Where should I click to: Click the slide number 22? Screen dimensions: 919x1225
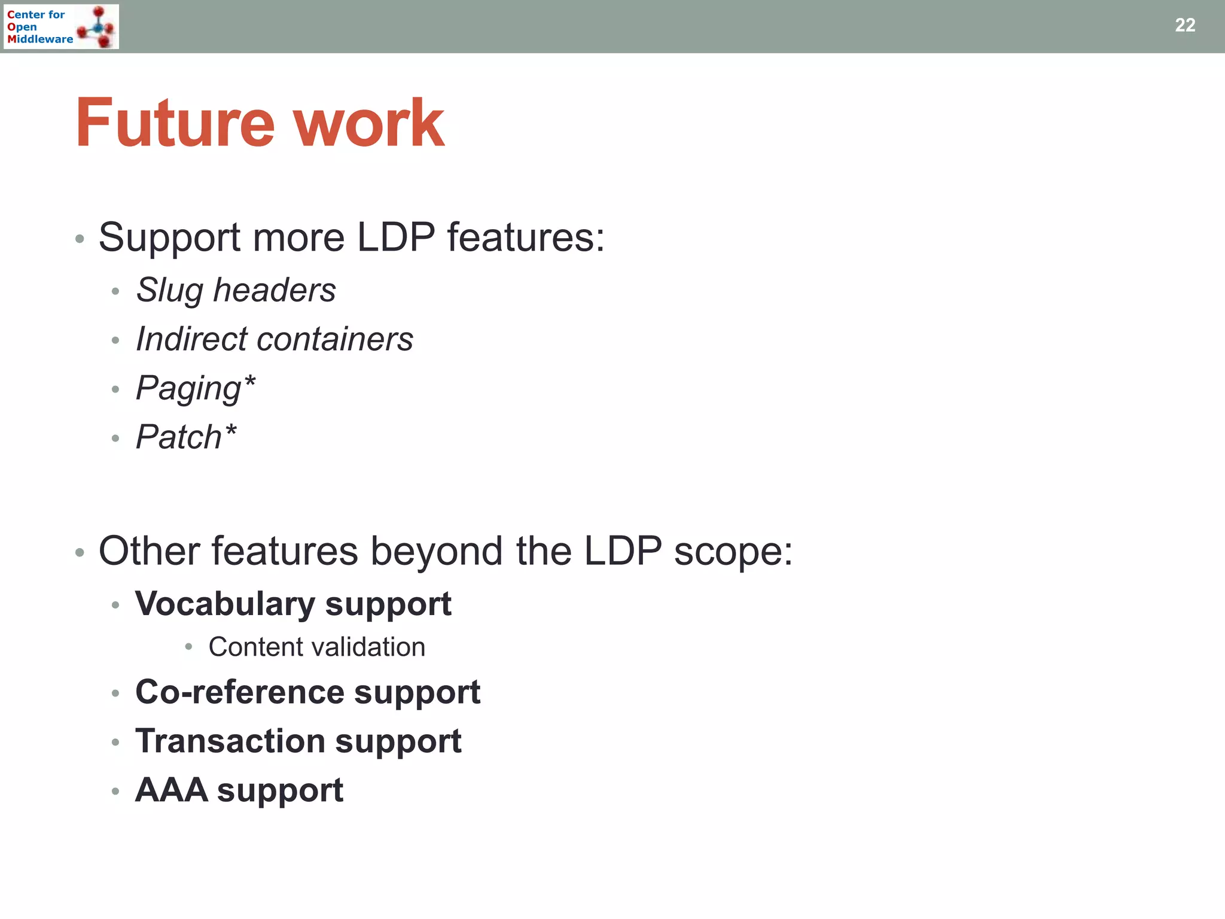pos(1184,25)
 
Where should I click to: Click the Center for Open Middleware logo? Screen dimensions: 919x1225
pos(61,26)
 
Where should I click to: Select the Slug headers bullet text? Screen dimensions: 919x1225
pos(236,291)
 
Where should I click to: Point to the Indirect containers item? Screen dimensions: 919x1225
pos(274,339)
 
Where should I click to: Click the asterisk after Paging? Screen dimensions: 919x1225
pos(250,382)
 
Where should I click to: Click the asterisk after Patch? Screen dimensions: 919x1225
pos(231,431)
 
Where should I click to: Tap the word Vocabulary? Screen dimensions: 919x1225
pos(224,604)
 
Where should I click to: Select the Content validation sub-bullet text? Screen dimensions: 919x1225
pos(316,647)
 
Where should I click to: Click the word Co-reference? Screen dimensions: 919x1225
pos(239,692)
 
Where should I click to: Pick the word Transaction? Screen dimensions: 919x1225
pos(230,741)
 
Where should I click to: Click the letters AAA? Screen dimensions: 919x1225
pos(172,790)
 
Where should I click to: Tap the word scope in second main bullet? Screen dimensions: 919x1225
pos(733,552)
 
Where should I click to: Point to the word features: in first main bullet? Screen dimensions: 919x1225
pos(526,238)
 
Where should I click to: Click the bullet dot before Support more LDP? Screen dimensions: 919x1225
pos(80,239)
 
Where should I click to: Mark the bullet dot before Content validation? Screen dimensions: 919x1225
pos(188,647)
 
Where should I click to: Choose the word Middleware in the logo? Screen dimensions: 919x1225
pos(40,39)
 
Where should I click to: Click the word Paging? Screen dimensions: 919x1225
pos(188,389)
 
